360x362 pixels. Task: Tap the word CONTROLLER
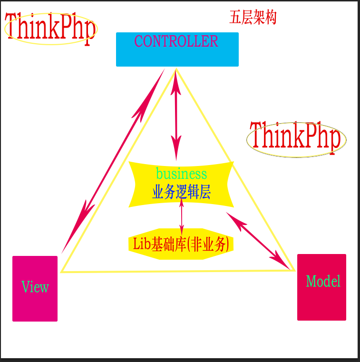point(176,41)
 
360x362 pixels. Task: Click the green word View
point(35,287)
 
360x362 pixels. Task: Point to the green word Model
point(323,281)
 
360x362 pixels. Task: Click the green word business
point(181,174)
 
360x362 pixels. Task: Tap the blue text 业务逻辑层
point(181,192)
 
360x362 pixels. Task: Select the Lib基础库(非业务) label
point(181,244)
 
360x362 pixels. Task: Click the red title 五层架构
point(253,18)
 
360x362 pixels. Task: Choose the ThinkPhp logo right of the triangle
point(296,138)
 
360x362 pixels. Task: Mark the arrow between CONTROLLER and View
point(113,161)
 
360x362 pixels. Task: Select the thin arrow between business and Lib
point(181,216)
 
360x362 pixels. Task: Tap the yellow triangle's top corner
point(176,70)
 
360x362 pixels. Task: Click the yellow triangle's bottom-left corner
point(62,271)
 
